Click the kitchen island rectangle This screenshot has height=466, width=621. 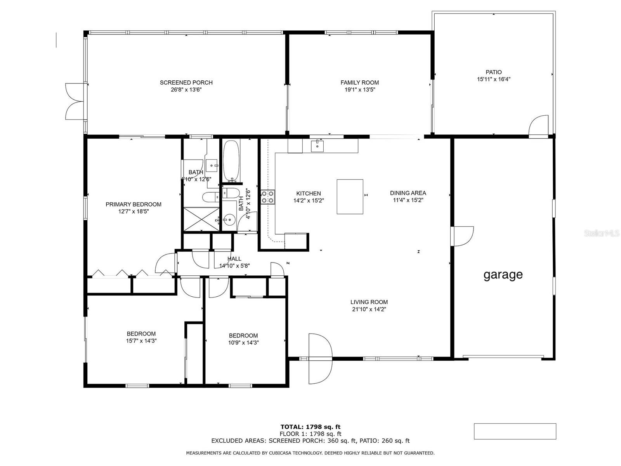tap(350, 196)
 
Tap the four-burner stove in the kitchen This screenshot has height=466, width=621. tap(268, 197)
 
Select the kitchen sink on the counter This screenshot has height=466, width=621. tap(317, 146)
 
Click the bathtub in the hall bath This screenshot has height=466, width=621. tap(231, 161)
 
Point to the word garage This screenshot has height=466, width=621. tap(503, 275)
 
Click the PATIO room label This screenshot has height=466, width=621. tap(494, 72)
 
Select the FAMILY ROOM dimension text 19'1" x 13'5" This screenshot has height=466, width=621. tap(359, 90)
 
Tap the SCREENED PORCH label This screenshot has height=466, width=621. tap(186, 83)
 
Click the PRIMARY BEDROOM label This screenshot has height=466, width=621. tap(134, 204)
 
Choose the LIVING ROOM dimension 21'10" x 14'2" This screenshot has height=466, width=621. tap(369, 309)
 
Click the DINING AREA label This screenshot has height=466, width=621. tap(408, 193)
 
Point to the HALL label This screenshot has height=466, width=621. tap(234, 259)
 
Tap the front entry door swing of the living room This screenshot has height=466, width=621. tap(320, 358)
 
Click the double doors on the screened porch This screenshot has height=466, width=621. tap(75, 101)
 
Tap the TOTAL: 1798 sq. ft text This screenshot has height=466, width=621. tap(310, 427)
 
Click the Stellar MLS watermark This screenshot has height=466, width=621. tap(602, 233)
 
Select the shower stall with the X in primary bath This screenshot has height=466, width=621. tap(201, 219)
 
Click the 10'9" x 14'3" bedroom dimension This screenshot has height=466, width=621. tap(243, 343)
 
